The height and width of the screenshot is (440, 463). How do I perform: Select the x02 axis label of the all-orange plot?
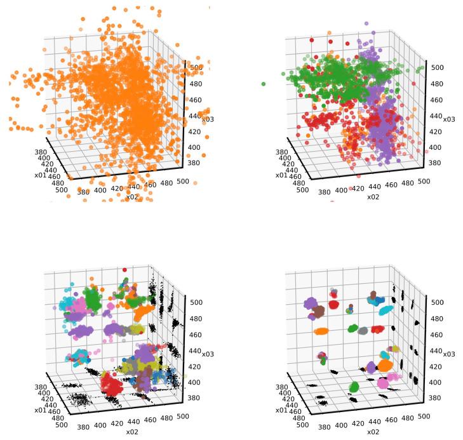pyautogui.click(x=132, y=197)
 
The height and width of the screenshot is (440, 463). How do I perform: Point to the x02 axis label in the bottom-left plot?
pyautogui.click(x=132, y=432)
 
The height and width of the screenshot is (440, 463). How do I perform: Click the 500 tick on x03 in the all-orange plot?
pyautogui.click(x=193, y=66)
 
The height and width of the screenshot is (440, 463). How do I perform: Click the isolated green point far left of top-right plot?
pyautogui.click(x=264, y=83)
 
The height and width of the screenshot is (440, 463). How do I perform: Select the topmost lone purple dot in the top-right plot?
pyautogui.click(x=366, y=24)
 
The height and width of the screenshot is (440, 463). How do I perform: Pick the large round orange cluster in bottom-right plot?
pyautogui.click(x=384, y=366)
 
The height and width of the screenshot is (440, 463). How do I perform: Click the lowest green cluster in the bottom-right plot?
pyautogui.click(x=354, y=387)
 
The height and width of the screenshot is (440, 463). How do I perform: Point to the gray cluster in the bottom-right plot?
pyautogui.click(x=363, y=330)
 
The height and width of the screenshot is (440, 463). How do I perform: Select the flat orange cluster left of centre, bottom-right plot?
pyautogui.click(x=321, y=331)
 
